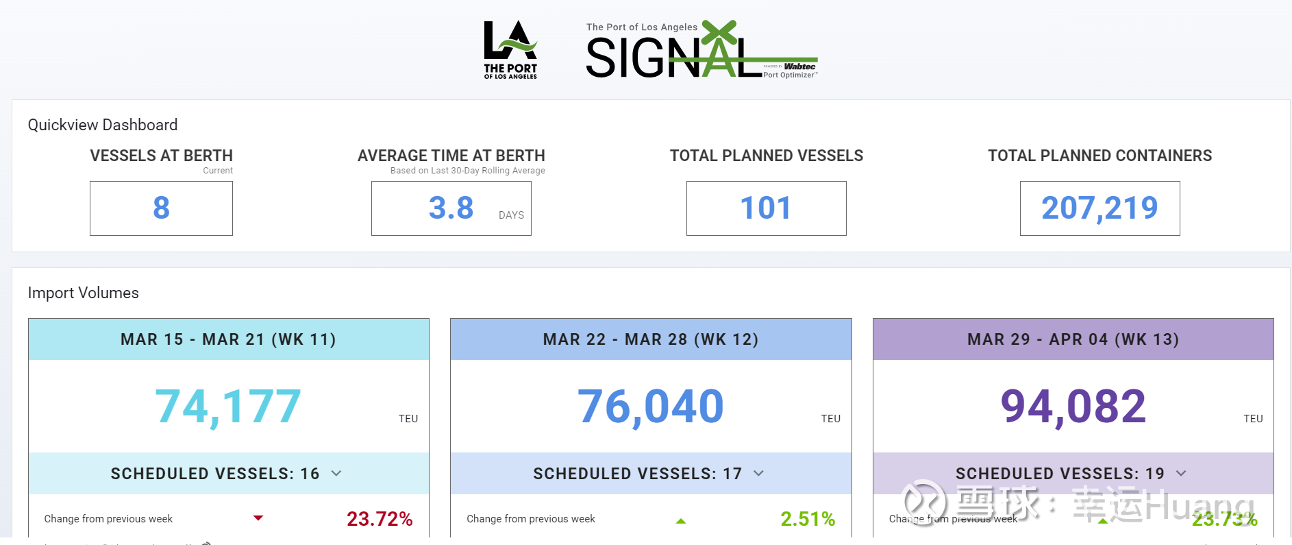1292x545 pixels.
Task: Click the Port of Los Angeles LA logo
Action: [510, 49]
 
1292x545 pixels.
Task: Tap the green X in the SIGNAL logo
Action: [719, 33]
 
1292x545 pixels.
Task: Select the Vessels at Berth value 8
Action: [161, 208]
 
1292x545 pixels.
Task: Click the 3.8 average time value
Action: [451, 208]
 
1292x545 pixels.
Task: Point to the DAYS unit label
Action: [511, 215]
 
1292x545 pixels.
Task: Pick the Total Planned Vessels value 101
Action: [766, 208]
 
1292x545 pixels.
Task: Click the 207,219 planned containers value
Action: [1100, 208]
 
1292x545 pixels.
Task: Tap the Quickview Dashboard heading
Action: [103, 125]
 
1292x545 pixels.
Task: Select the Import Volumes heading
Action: [84, 293]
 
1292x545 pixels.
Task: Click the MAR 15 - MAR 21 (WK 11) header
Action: [228, 339]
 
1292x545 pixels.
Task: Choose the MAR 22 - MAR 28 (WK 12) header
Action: [651, 339]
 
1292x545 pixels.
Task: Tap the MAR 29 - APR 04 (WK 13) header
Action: [1073, 339]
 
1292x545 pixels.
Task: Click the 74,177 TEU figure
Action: [228, 407]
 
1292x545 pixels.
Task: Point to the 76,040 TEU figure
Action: [651, 407]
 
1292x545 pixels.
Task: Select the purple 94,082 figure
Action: [1073, 407]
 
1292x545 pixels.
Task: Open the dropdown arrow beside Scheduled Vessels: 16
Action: [336, 473]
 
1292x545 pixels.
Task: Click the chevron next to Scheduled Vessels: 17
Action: [758, 473]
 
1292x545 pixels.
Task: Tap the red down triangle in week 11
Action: [258, 518]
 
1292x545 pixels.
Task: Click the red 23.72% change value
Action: [380, 519]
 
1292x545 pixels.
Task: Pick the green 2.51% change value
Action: [808, 519]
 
